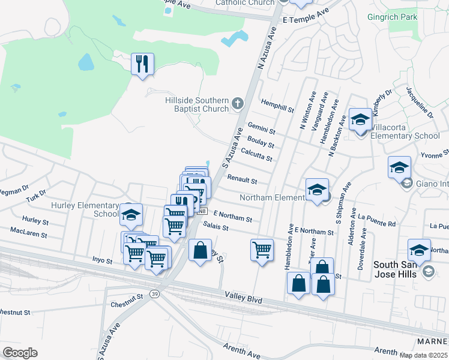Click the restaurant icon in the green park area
142,64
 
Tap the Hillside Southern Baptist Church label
197,104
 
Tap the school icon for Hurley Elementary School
131,214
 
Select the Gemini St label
261,128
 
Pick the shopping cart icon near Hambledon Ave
262,249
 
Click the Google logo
20,352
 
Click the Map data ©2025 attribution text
423,355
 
